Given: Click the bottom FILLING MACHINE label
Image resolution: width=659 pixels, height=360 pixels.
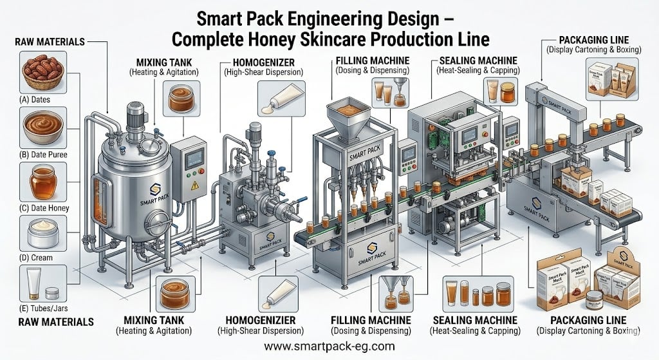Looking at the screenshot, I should coord(371,319).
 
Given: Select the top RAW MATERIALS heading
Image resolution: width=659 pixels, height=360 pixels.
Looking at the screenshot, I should coord(49,41).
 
